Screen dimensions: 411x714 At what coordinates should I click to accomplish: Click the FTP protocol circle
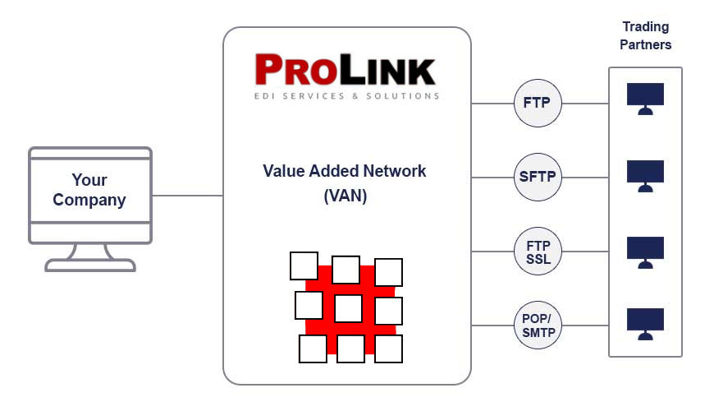(x=538, y=104)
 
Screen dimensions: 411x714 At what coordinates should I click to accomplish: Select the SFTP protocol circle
(x=538, y=176)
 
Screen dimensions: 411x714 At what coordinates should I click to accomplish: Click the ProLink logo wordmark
(x=345, y=71)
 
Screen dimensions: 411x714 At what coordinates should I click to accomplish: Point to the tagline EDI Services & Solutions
(x=346, y=96)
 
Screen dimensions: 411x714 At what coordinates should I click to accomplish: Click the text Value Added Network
(x=345, y=171)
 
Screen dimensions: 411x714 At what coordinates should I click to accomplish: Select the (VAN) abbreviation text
(x=345, y=197)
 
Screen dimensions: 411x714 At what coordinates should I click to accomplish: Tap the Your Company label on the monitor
(x=89, y=190)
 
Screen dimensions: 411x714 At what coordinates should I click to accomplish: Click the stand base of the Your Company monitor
(x=89, y=265)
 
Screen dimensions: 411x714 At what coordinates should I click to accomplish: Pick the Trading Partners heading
(x=645, y=36)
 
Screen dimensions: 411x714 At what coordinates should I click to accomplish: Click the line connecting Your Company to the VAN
(x=187, y=196)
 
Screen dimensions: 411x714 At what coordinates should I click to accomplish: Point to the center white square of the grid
(x=348, y=309)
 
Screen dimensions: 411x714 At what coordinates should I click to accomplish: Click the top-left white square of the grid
(x=304, y=266)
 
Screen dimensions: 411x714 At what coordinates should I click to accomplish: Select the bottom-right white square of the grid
(x=388, y=349)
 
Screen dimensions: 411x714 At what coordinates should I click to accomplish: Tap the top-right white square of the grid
(x=388, y=272)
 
